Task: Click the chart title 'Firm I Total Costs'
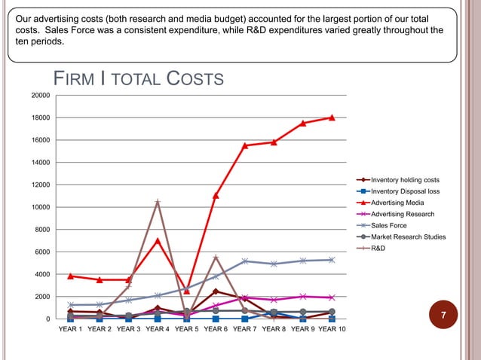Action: pyautogui.click(x=137, y=78)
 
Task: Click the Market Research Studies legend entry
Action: pyautogui.click(x=408, y=236)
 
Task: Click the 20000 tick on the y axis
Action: pyautogui.click(x=40, y=96)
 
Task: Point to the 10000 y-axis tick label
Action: pyautogui.click(x=40, y=207)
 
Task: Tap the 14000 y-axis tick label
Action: pyautogui.click(x=40, y=163)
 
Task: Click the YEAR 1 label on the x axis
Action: pyautogui.click(x=71, y=329)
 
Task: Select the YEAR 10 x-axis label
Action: pyautogui.click(x=332, y=329)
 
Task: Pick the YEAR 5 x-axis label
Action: pyautogui.click(x=186, y=329)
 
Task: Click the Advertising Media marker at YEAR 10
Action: pyautogui.click(x=332, y=117)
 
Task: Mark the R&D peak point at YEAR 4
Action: pyautogui.click(x=158, y=202)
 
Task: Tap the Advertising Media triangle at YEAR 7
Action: pyautogui.click(x=245, y=145)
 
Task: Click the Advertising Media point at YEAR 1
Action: pyautogui.click(x=71, y=276)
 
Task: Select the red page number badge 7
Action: pyautogui.click(x=444, y=314)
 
